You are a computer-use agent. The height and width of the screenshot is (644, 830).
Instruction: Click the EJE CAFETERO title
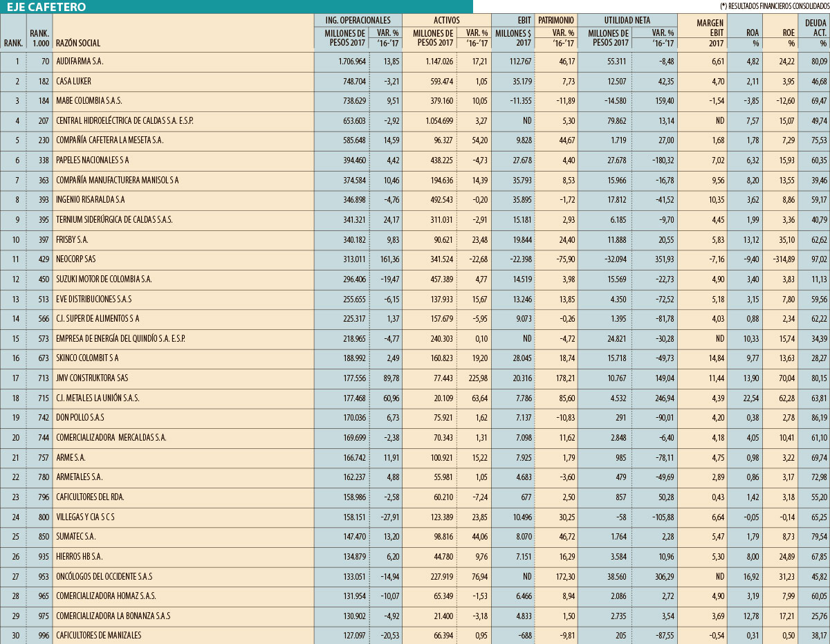47,7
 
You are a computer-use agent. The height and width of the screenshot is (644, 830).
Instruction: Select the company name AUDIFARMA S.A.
80,62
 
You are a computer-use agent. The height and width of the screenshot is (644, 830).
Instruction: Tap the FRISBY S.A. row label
73,239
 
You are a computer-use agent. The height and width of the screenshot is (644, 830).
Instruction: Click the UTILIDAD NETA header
628,21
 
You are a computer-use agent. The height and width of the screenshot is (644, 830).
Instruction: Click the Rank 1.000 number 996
41,635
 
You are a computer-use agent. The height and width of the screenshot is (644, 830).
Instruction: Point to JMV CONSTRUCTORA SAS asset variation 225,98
474,378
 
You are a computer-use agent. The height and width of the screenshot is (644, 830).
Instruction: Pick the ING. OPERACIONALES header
358,21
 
